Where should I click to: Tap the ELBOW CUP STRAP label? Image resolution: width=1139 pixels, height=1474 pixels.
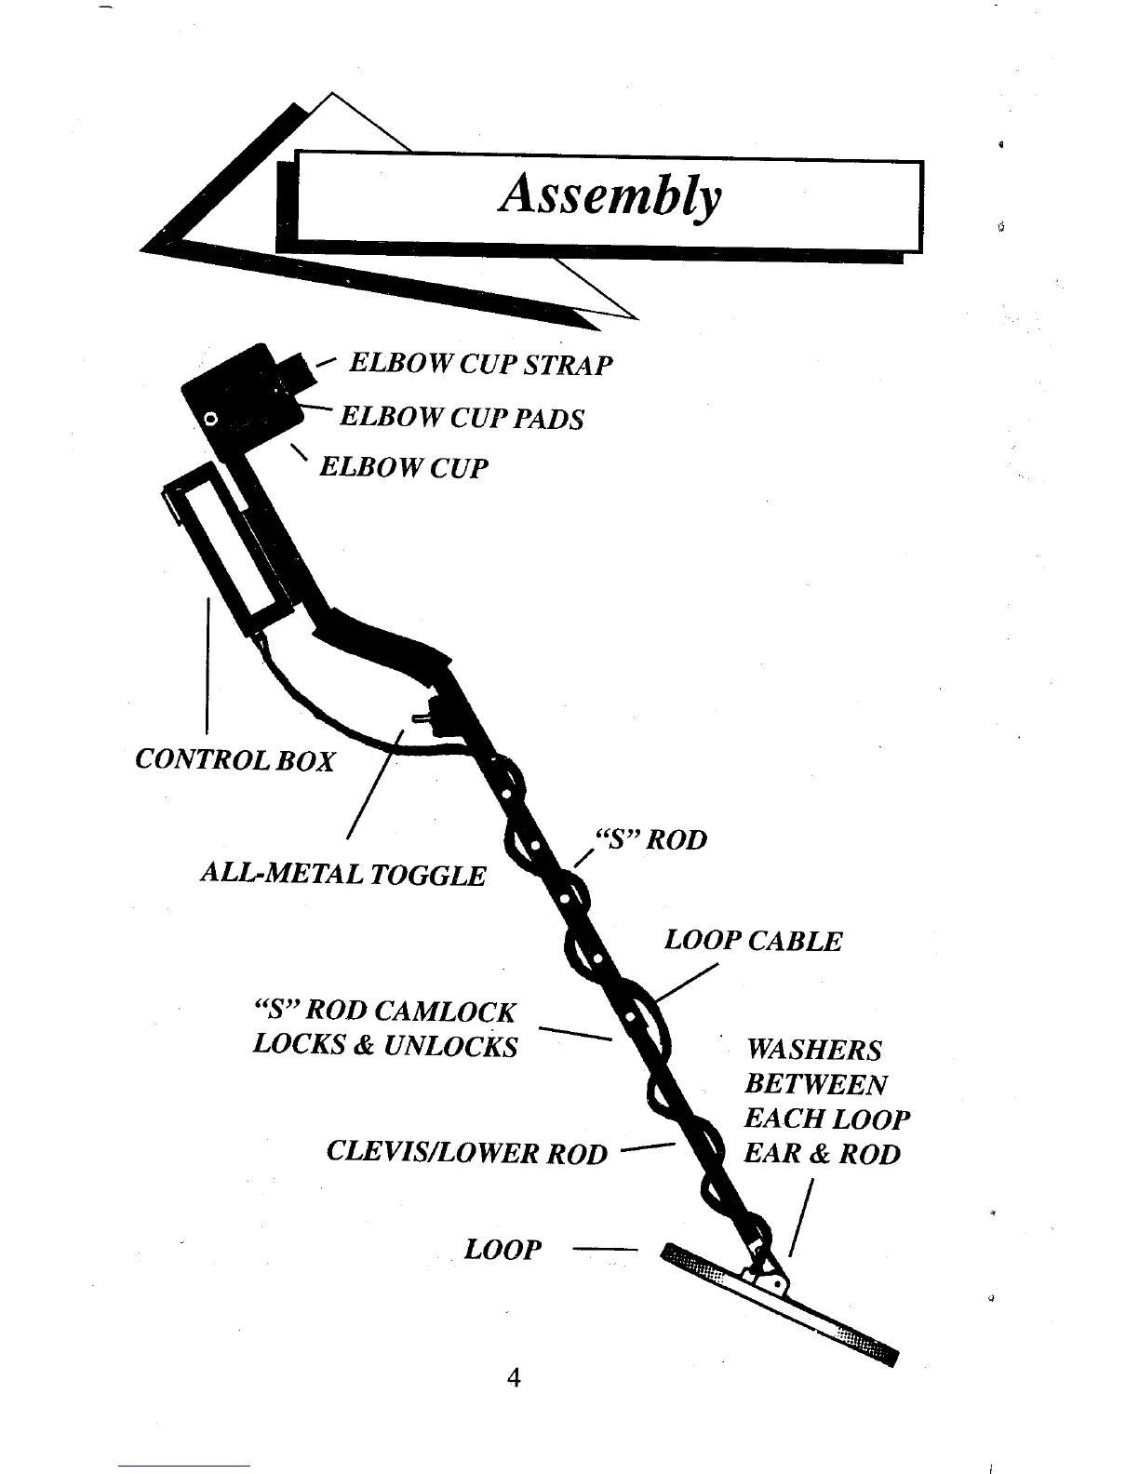tap(480, 364)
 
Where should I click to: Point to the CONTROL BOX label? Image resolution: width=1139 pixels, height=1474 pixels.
tap(234, 760)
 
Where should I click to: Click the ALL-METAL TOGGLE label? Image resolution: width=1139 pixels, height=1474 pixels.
tap(343, 875)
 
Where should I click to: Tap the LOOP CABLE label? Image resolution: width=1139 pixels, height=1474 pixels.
tap(752, 941)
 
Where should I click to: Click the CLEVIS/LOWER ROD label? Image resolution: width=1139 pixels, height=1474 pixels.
tap(467, 1154)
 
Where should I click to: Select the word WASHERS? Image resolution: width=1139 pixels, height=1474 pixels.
tap(813, 1051)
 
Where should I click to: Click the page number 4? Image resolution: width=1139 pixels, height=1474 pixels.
tap(513, 1378)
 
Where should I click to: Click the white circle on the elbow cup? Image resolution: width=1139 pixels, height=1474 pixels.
tap(211, 420)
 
